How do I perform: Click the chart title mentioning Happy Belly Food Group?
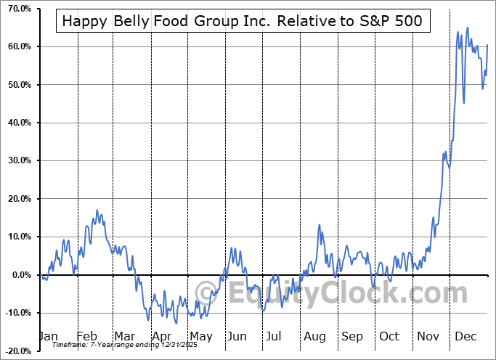(x=243, y=21)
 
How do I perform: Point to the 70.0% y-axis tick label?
(x=16, y=9)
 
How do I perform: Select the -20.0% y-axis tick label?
(x=16, y=351)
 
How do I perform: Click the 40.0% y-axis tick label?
(x=16, y=123)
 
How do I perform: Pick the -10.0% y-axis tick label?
(x=16, y=313)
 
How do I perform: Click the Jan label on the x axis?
(x=47, y=336)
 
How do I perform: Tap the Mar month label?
(x=124, y=336)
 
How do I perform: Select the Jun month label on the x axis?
(x=237, y=336)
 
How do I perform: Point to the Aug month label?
(x=314, y=336)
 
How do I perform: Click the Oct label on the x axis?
(x=389, y=336)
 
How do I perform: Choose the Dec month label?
(x=465, y=336)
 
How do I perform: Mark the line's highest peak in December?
(x=467, y=28)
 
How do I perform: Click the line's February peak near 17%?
(x=95, y=210)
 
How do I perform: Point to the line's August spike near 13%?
(x=319, y=225)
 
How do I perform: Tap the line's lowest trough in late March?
(x=148, y=319)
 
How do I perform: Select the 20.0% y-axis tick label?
(x=16, y=199)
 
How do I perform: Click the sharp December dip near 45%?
(x=463, y=102)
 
